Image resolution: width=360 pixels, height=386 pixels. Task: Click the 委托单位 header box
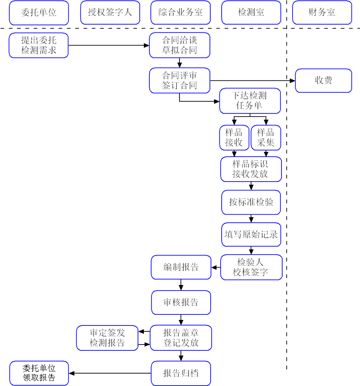pos(39,12)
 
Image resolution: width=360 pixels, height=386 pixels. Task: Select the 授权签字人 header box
pos(110,12)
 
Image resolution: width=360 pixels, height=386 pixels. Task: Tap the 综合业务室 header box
pos(180,12)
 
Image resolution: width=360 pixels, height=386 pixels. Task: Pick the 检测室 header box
pos(251,12)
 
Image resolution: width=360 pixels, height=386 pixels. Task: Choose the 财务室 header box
pos(322,12)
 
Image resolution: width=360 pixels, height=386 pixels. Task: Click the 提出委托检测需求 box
pos(39,45)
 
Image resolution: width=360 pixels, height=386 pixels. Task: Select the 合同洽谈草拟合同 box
pos(179,45)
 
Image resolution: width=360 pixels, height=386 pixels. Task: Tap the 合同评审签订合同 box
pos(179,80)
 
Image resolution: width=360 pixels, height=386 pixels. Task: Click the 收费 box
pos(323,80)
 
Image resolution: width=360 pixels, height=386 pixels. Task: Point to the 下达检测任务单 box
pos(250,101)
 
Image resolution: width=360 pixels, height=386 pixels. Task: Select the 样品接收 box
pos(234,138)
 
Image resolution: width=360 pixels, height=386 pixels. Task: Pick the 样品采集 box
pos(266,138)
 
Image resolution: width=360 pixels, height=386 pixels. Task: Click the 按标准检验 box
pos(251,202)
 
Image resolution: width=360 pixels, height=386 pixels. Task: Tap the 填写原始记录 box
pos(251,234)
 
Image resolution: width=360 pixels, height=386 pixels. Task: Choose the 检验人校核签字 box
pos(251,267)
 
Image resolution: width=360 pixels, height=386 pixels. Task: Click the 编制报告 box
pos(181,267)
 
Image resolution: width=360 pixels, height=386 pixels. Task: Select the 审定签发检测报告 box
pos(107,338)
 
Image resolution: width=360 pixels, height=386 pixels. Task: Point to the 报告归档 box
pos(181,374)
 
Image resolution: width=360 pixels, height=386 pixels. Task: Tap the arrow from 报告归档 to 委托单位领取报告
pos(110,374)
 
